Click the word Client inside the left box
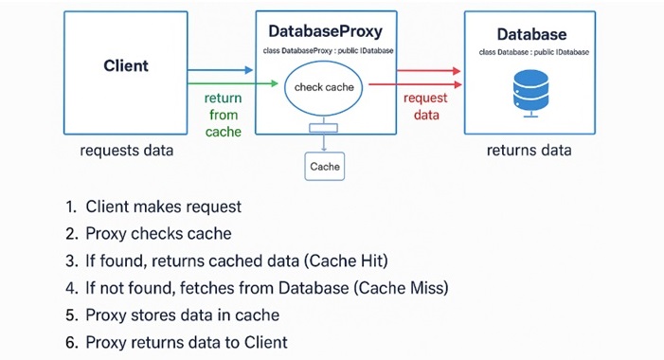pyautogui.click(x=126, y=66)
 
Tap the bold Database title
pyautogui.click(x=530, y=34)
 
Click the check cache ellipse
pyautogui.click(x=324, y=88)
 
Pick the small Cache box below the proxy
pyautogui.click(x=324, y=167)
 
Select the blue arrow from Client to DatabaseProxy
pyautogui.click(x=220, y=70)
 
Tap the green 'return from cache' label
pyautogui.click(x=223, y=115)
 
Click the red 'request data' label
pyautogui.click(x=425, y=107)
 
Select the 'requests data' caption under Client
pyautogui.click(x=125, y=151)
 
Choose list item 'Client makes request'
pyautogui.click(x=163, y=207)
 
